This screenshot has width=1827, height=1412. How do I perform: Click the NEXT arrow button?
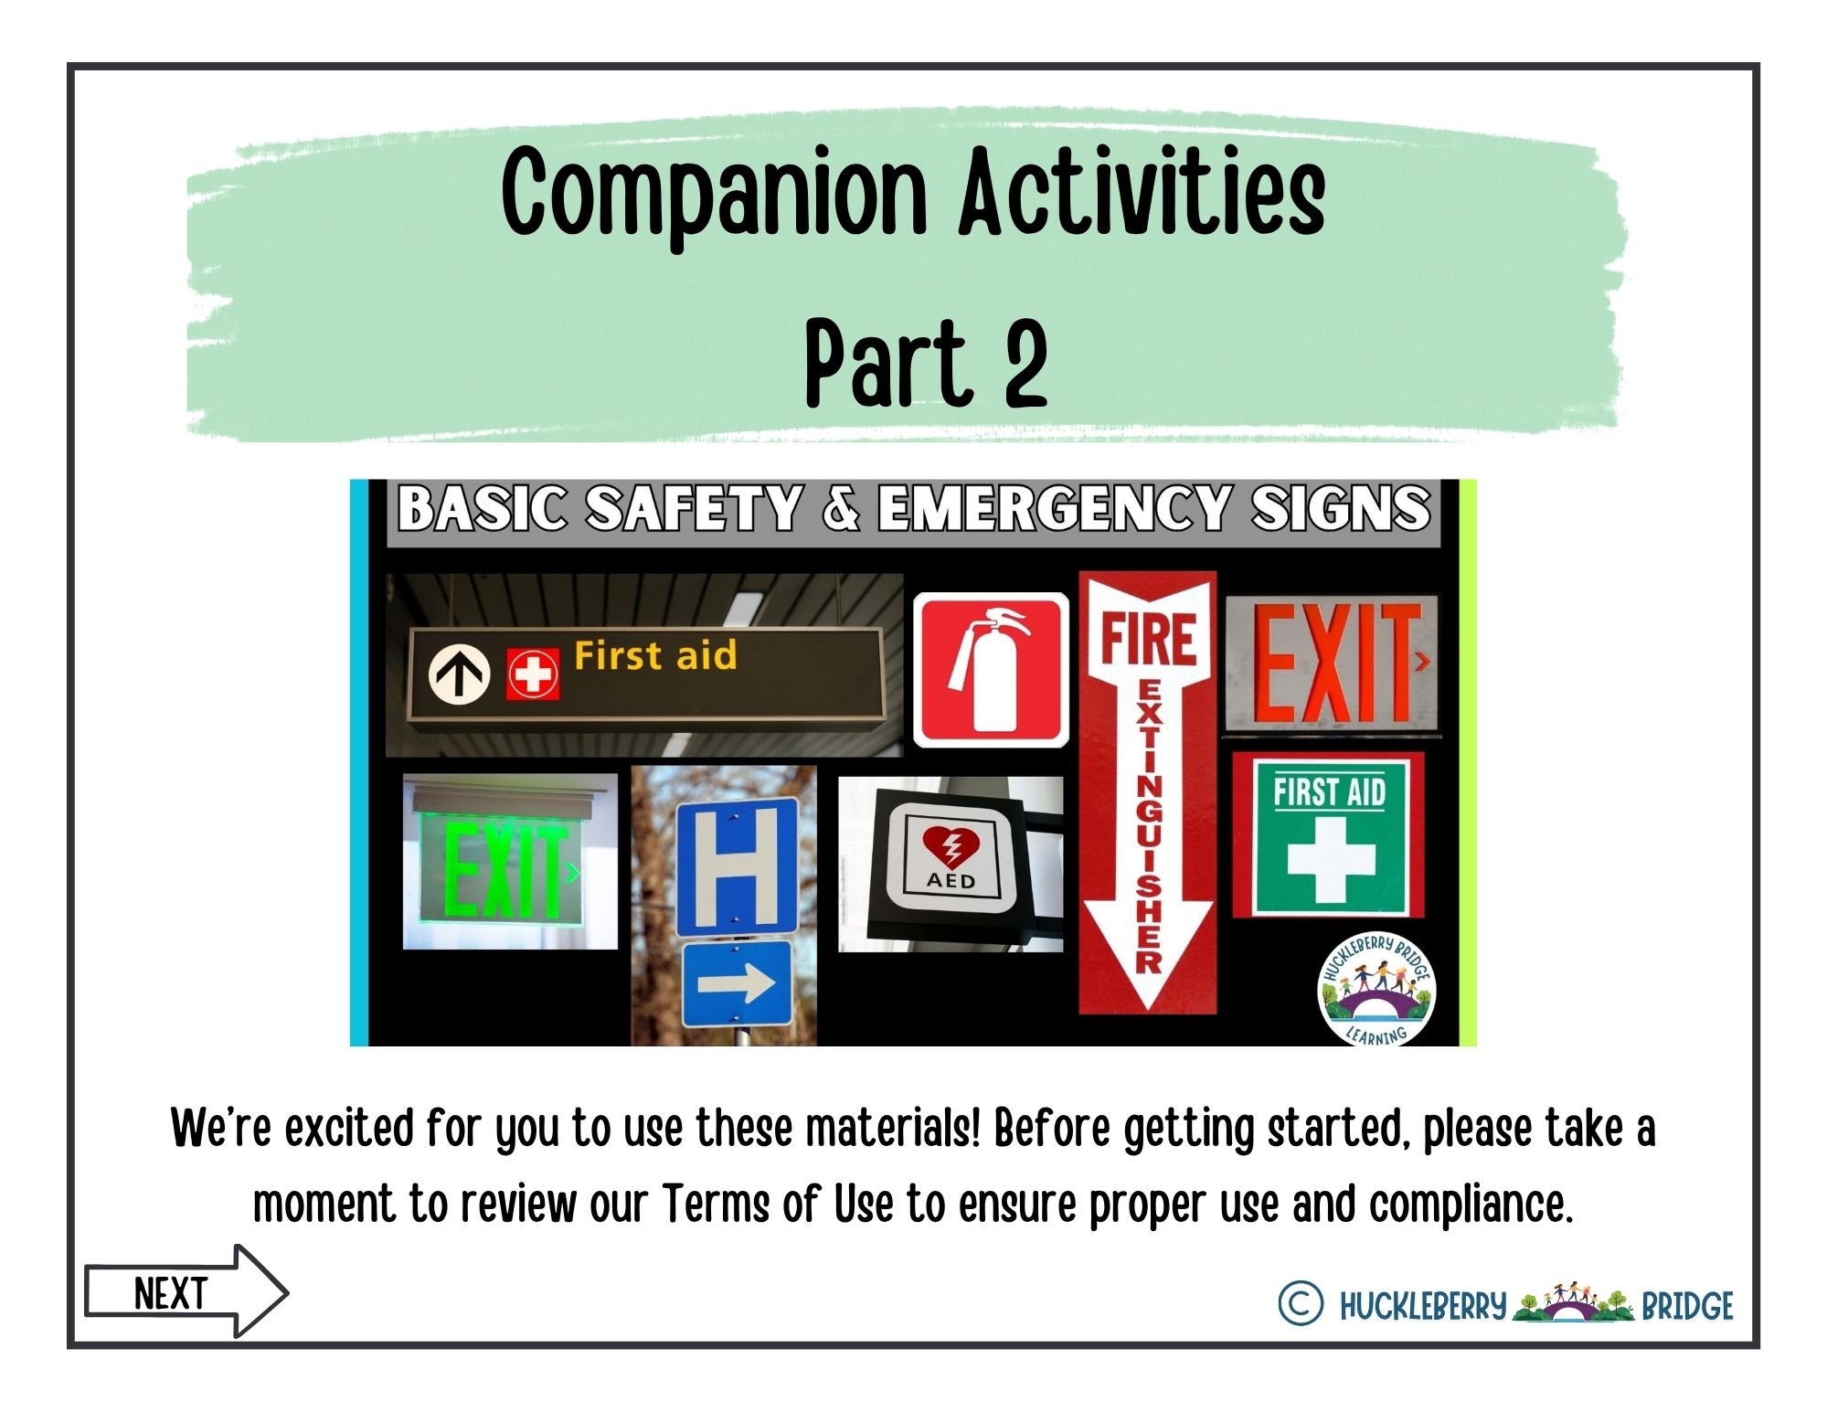coord(186,1291)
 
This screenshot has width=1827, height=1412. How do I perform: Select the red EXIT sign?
coord(1331,663)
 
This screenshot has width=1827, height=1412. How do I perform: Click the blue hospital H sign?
coord(737,865)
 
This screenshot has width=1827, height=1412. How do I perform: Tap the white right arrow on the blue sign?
coord(737,983)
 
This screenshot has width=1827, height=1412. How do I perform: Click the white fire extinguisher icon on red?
coord(991,670)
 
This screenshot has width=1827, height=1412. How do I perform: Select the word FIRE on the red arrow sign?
coord(1148,638)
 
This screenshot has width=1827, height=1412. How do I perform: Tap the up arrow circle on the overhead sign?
coord(459,674)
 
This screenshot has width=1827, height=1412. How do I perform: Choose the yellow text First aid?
coord(655,655)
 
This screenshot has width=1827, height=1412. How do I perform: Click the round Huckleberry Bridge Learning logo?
coord(1376,990)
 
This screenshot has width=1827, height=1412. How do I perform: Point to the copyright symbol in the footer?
coord(1300,1303)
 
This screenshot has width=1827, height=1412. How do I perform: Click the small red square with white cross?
coord(533,674)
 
